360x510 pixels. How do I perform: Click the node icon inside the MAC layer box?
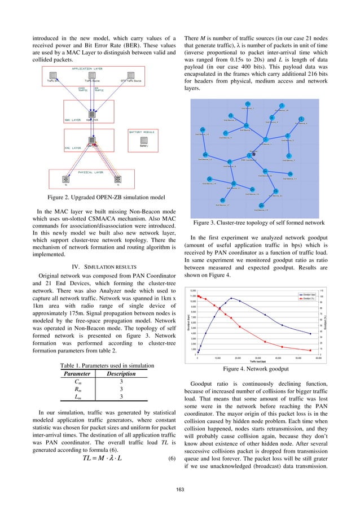pos(90,140)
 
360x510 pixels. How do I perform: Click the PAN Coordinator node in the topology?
pos(249,155)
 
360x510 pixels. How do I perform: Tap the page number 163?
pos(179,486)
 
